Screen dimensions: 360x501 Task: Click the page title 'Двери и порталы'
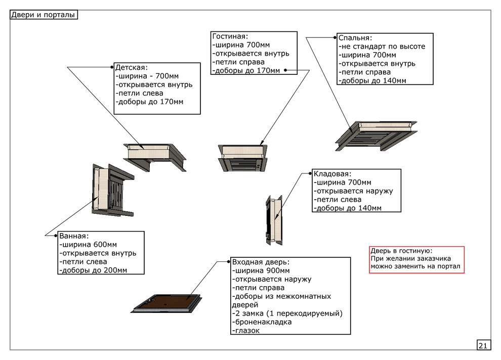pyautogui.click(x=44, y=15)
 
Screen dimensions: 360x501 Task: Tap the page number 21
pyautogui.click(x=483, y=345)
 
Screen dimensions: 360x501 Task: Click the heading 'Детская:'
pyautogui.click(x=131, y=67)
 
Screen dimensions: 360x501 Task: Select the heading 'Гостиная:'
pyautogui.click(x=230, y=36)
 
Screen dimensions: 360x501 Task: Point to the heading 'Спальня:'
pyautogui.click(x=355, y=38)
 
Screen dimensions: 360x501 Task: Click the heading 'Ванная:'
pyautogui.click(x=74, y=236)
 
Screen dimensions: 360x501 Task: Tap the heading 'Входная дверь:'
pyautogui.click(x=261, y=262)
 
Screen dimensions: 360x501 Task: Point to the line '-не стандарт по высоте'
pyautogui.click(x=382, y=47)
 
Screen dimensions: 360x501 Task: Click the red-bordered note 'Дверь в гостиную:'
pyautogui.click(x=416, y=259)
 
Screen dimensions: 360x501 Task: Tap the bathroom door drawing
pyautogui.click(x=109, y=190)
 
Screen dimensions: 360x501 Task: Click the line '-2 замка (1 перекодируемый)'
pyautogui.click(x=287, y=313)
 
